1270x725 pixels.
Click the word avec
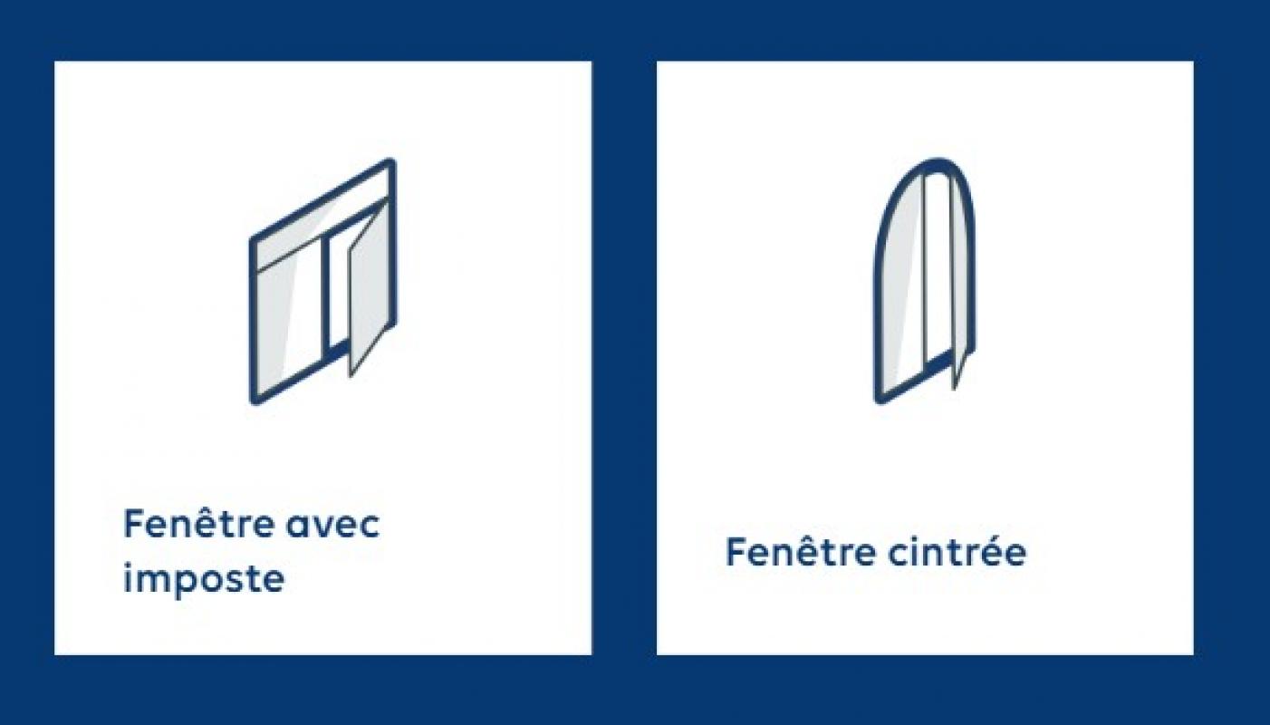point(332,524)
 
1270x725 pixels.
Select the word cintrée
point(957,552)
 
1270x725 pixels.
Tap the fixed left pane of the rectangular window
point(286,318)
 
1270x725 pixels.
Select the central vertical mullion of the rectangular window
point(325,296)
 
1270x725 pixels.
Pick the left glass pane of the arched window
point(900,284)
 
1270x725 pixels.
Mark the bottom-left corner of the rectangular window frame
point(253,401)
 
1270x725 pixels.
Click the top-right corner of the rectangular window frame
point(392,161)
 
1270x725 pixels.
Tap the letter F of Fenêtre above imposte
point(131,523)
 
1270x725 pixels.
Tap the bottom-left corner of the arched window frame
point(878,400)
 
